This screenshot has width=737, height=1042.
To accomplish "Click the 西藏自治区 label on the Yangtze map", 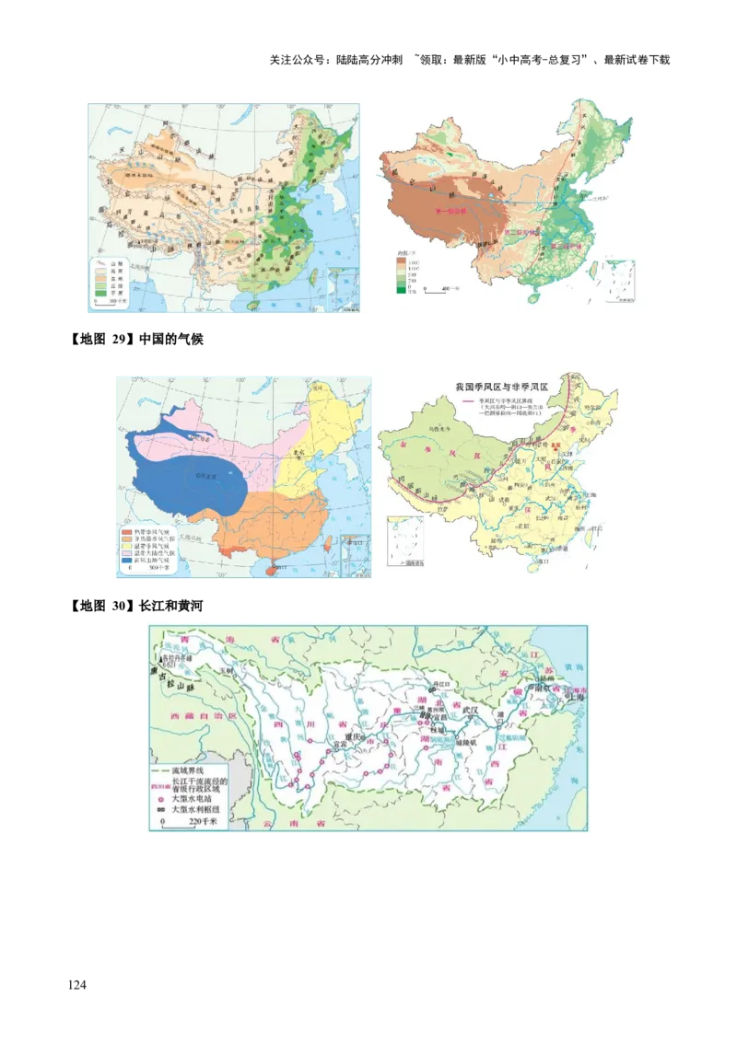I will (189, 715).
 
